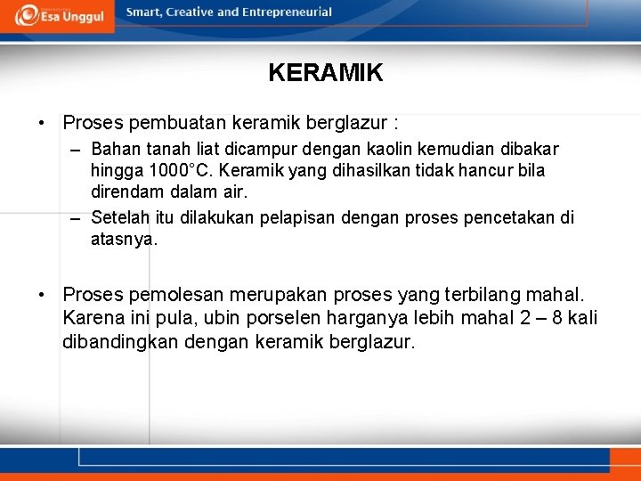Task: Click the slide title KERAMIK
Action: (325, 73)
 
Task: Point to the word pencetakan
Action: (512, 217)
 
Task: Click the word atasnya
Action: (124, 239)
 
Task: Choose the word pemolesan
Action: (181, 295)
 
